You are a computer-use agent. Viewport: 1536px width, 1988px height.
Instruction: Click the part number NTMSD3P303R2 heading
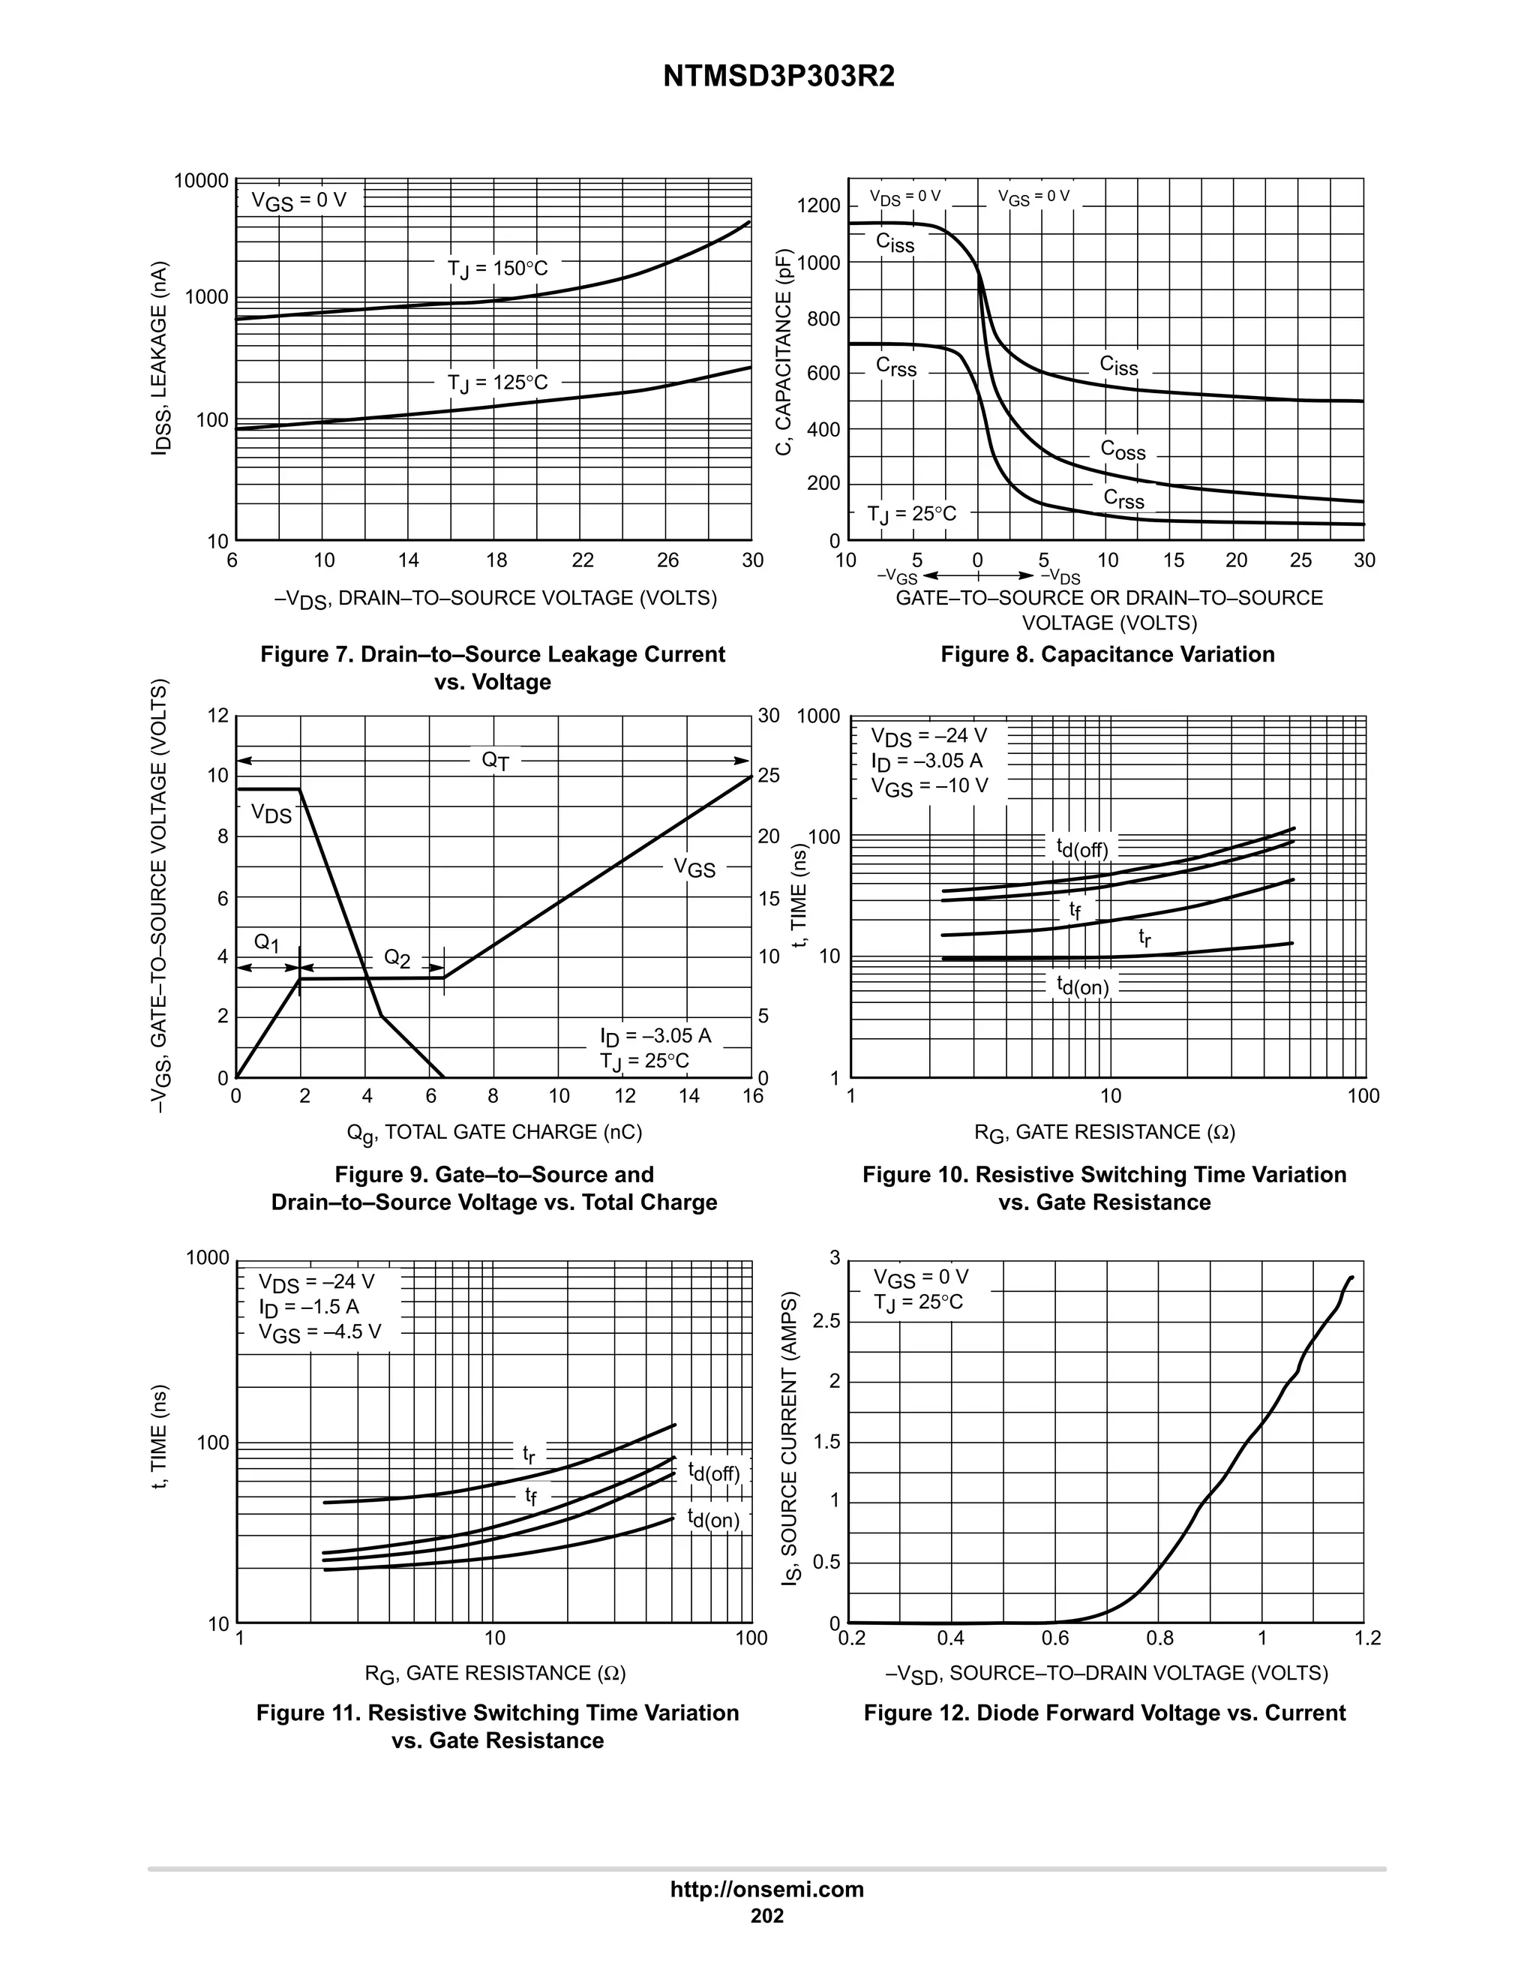[778, 77]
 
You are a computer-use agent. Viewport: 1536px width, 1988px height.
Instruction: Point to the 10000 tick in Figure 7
[202, 180]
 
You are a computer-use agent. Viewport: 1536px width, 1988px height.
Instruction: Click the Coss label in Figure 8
[1123, 451]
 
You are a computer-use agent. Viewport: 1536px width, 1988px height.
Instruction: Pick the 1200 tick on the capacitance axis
[819, 206]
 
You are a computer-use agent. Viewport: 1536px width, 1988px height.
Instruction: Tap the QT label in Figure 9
[495, 761]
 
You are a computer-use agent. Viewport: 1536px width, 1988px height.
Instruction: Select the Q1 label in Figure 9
[266, 943]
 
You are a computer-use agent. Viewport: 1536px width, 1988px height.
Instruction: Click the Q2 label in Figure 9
[397, 959]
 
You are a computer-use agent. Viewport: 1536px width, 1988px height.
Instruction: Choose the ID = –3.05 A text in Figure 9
[655, 1036]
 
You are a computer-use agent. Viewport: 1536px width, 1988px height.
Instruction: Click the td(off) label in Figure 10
[1082, 848]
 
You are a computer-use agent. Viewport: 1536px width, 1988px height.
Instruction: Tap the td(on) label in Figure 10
[1082, 986]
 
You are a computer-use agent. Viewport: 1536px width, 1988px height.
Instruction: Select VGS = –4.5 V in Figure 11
[319, 1334]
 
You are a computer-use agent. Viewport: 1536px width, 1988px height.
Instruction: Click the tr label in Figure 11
[529, 1454]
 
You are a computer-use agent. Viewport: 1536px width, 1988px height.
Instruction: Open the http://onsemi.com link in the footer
[766, 1890]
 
